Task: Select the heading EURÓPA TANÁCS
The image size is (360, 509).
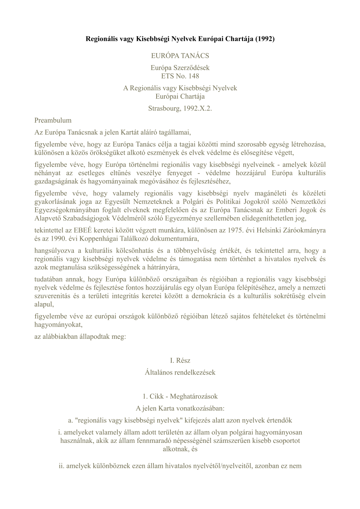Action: (x=180, y=56)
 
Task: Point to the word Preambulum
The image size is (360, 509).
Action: (x=53, y=120)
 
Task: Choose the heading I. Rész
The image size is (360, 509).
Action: (x=180, y=360)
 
